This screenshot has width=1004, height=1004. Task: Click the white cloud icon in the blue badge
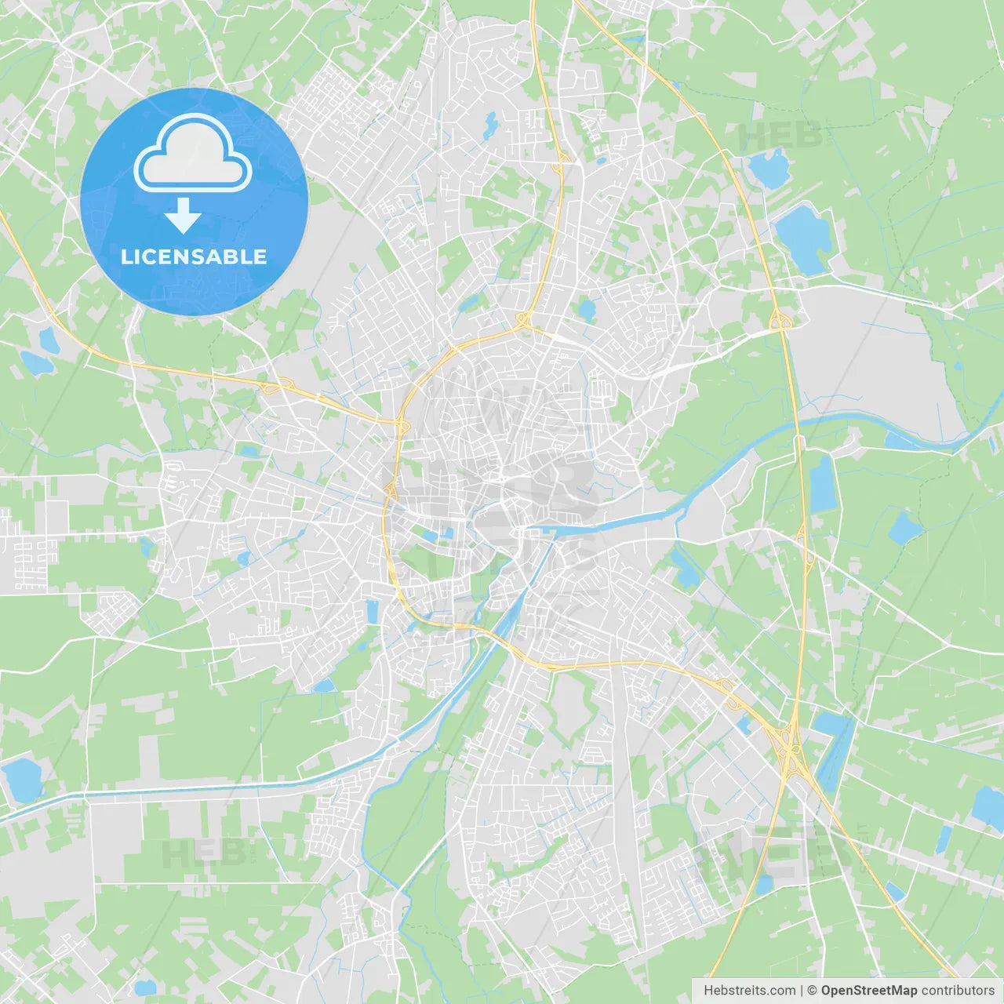point(193,155)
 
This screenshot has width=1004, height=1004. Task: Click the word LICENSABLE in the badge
point(194,256)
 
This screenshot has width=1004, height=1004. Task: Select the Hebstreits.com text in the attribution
point(749,991)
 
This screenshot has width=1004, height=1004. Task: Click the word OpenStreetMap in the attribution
point(868,991)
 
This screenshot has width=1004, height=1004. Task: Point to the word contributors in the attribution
point(958,991)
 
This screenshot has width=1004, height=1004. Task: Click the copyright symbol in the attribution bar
point(812,991)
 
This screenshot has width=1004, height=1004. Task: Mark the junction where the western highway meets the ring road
point(402,424)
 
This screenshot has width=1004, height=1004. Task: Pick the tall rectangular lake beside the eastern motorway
point(823,483)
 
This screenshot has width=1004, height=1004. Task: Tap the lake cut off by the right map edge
point(989,808)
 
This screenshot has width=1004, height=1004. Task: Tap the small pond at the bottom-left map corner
point(144,988)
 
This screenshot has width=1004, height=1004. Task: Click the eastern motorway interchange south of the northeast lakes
point(779,320)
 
